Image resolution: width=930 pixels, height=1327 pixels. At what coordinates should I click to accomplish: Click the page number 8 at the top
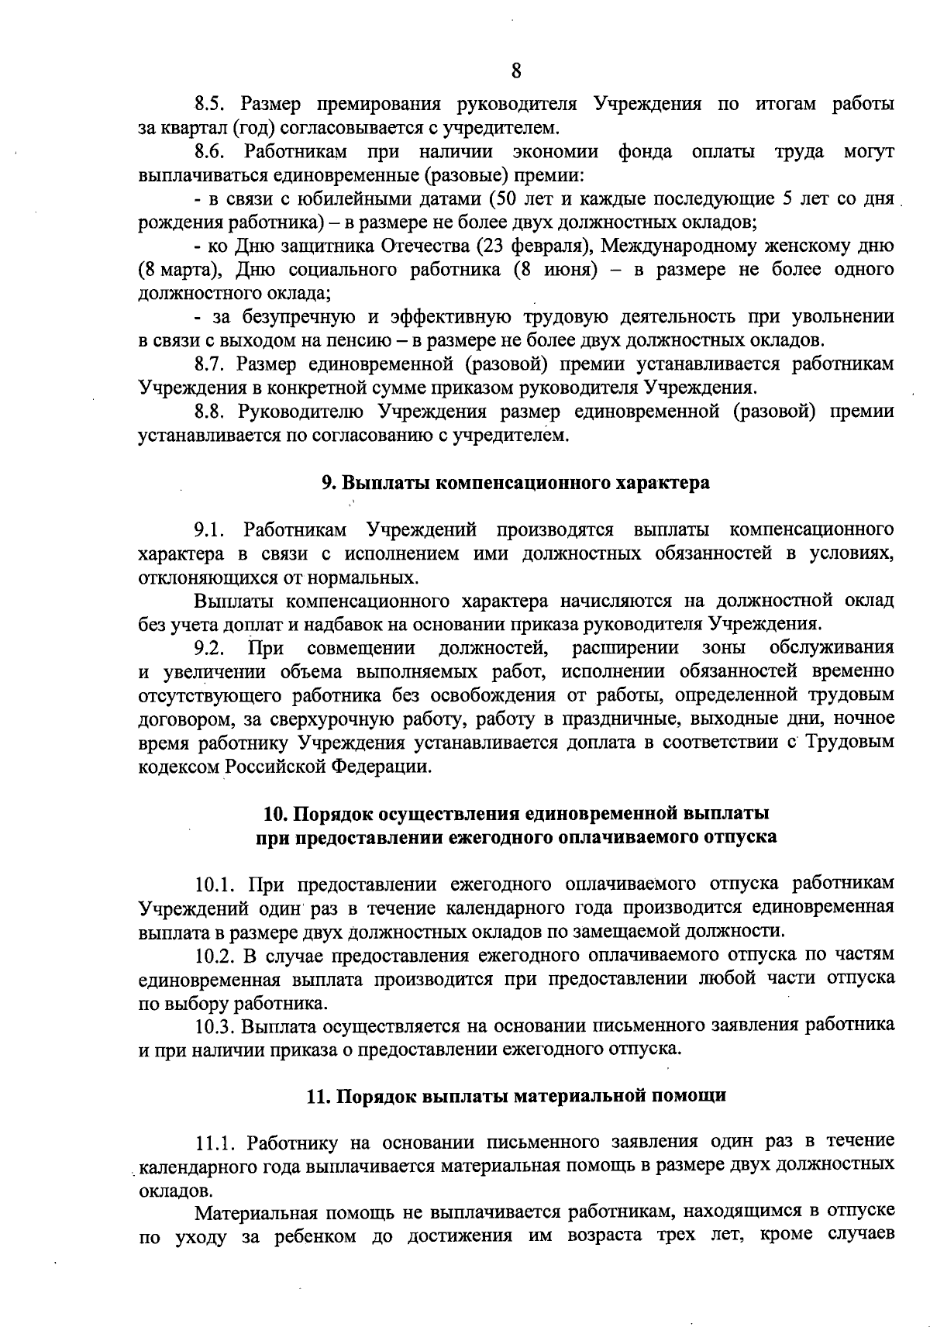pos(516,71)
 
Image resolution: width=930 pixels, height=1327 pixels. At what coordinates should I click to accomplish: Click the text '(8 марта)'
pos(181,271)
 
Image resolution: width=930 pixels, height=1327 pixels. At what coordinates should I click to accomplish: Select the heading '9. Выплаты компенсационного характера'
pos(515,483)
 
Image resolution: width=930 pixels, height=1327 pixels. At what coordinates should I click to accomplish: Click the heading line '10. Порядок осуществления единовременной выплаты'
pos(516,814)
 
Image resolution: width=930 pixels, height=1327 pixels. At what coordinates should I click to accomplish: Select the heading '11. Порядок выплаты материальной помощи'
pos(516,1096)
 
